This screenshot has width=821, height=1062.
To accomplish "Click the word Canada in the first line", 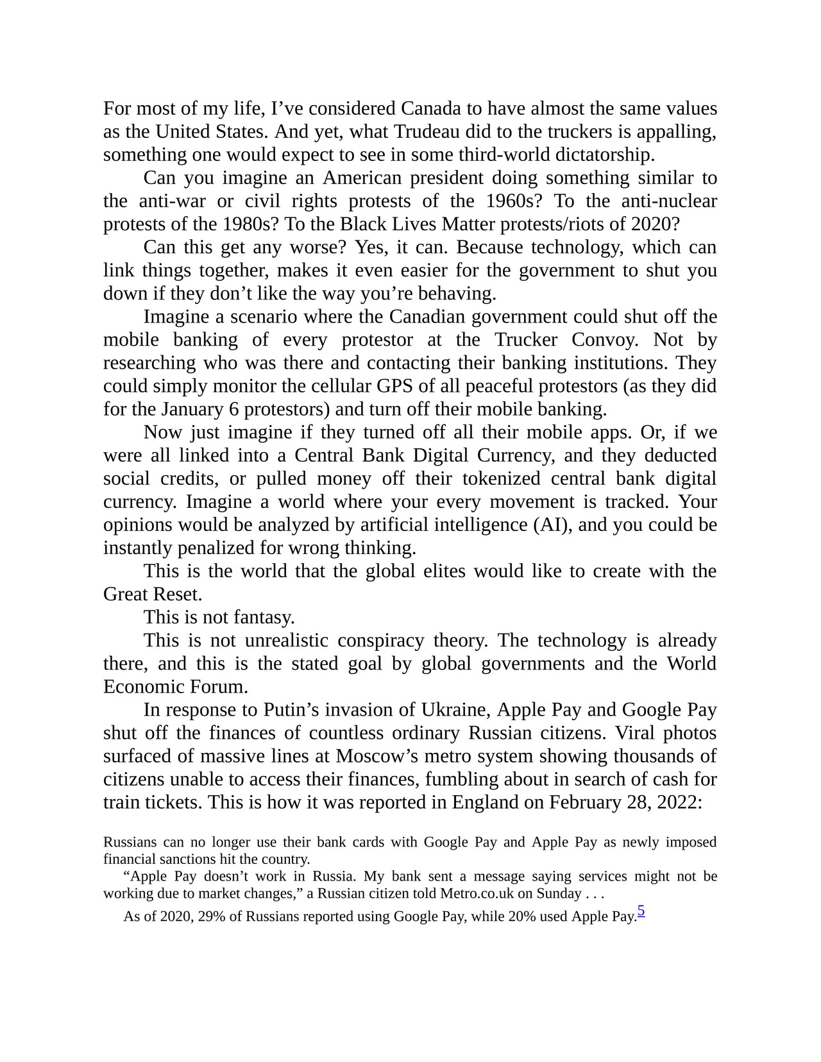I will (x=433, y=108).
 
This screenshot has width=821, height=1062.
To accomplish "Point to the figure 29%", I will (x=212, y=916).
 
